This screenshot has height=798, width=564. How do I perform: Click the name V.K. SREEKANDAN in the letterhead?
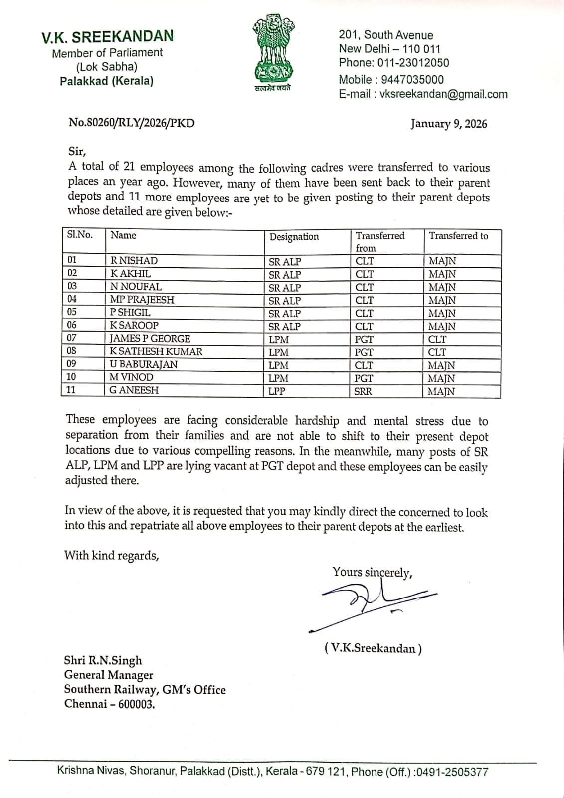(x=107, y=36)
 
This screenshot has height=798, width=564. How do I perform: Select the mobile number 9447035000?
(x=412, y=79)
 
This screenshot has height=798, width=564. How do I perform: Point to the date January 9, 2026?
(x=449, y=124)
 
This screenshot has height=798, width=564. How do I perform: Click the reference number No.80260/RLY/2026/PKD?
(x=132, y=123)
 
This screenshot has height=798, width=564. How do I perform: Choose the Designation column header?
(x=294, y=237)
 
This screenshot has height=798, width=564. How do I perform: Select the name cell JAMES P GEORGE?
(x=150, y=339)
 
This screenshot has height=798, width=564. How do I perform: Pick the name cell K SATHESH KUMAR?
(x=156, y=352)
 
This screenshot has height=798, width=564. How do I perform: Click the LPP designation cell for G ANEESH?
(x=277, y=391)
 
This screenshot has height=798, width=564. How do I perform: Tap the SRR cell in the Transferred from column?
(x=363, y=391)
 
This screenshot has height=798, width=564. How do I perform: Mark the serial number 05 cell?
(x=72, y=312)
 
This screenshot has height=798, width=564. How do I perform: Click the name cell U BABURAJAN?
(x=143, y=365)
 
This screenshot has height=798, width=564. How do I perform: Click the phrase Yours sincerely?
(x=372, y=572)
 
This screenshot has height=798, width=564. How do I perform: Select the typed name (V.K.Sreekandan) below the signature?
(x=373, y=648)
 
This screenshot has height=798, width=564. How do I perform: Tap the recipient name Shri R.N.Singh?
(x=103, y=661)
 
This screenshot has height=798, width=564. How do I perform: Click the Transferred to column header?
(x=458, y=236)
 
